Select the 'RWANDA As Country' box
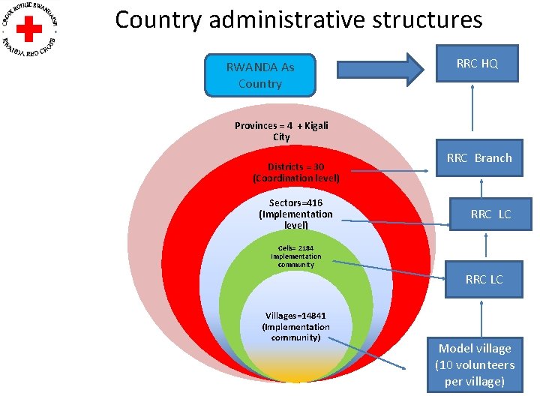pyautogui.click(x=260, y=75)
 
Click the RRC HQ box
pyautogui.click(x=477, y=64)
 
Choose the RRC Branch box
pyautogui.click(x=479, y=158)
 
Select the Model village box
pyautogui.click(x=475, y=365)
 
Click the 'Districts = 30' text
pyautogui.click(x=295, y=166)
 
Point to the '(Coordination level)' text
pyautogui.click(x=295, y=178)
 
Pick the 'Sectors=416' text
pyautogui.click(x=295, y=202)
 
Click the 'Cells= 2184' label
pyautogui.click(x=295, y=248)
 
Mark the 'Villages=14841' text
pyautogui.click(x=295, y=316)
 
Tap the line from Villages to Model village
pyautogui.click(x=367, y=352)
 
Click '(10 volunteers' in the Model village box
pyautogui.click(x=475, y=365)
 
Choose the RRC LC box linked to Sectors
pyautogui.click(x=490, y=214)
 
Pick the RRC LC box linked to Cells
pyautogui.click(x=484, y=280)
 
